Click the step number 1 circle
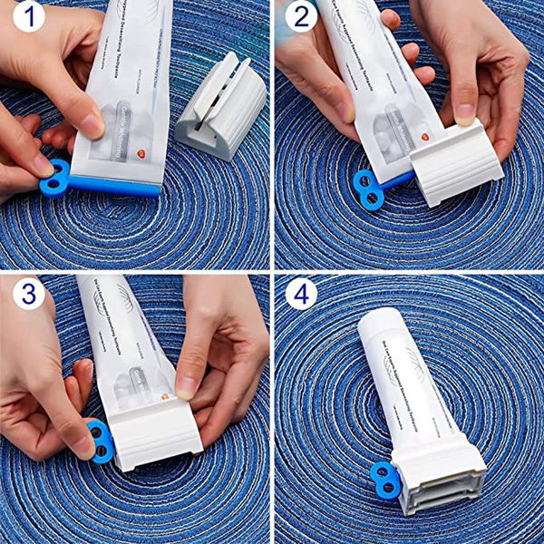28,16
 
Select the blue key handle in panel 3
99,442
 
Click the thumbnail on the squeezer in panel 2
463,113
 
